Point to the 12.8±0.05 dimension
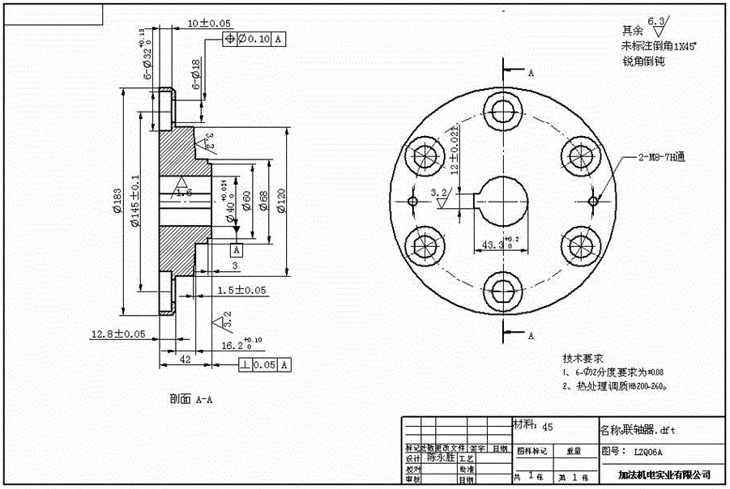click(118, 333)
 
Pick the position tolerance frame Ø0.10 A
click(254, 38)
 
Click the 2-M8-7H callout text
click(660, 159)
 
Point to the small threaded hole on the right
click(594, 199)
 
